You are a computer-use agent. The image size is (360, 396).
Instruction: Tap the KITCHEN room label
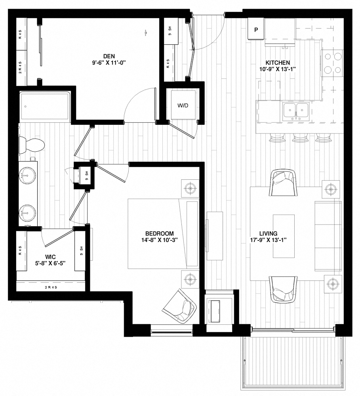278,63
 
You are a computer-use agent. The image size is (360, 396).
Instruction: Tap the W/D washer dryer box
183,106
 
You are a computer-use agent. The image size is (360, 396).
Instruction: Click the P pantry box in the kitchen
256,30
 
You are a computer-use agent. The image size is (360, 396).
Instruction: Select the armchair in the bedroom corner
180,305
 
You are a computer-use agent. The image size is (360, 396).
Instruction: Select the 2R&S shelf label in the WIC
50,287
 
